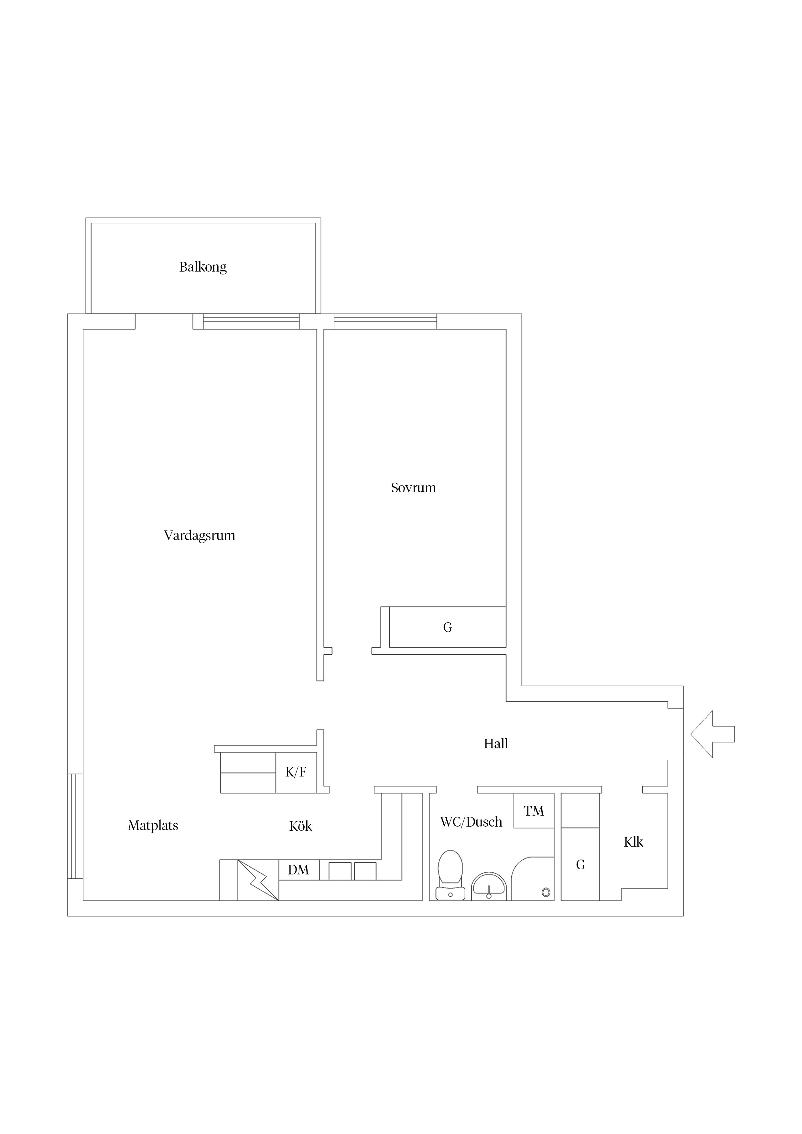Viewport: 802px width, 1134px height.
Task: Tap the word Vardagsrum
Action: [x=200, y=536]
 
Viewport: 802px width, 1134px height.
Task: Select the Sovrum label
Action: [x=414, y=488]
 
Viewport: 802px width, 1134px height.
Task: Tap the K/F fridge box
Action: [x=296, y=773]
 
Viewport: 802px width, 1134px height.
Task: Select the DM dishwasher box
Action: [x=299, y=870]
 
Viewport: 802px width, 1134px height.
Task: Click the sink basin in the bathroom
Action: [x=489, y=885]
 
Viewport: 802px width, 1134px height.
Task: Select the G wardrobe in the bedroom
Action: [x=448, y=627]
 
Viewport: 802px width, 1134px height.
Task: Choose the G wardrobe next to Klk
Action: [x=580, y=864]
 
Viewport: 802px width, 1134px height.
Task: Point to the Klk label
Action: [x=634, y=842]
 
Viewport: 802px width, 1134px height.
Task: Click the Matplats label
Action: [x=153, y=826]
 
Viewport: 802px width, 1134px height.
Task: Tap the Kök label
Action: [x=300, y=826]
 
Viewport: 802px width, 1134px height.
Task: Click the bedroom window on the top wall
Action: [x=385, y=322]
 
